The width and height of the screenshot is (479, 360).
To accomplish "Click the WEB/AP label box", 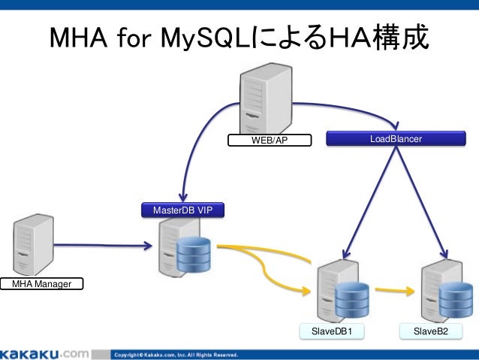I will (270, 140).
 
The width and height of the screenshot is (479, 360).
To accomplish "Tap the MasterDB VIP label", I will (182, 210).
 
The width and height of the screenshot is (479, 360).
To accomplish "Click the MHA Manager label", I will (41, 283).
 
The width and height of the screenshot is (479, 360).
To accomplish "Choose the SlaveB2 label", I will (430, 331).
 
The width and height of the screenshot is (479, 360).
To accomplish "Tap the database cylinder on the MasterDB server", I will (194, 254).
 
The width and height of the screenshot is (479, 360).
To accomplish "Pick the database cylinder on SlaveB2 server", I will (456, 298).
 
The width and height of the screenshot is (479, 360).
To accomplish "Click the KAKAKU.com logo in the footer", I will (45, 353).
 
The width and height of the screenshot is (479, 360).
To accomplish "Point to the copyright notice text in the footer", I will (176, 354).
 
